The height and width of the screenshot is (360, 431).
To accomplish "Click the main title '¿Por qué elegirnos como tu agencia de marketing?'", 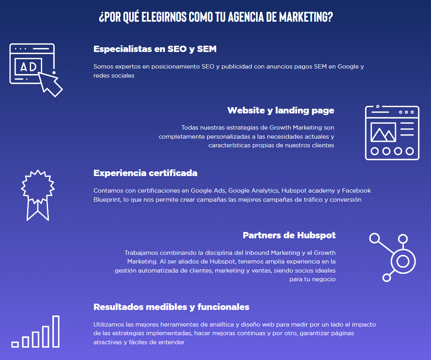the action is (x=216, y=17).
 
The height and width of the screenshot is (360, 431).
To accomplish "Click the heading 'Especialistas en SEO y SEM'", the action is (x=155, y=49).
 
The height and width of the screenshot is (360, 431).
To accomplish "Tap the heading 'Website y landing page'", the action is (x=281, y=111).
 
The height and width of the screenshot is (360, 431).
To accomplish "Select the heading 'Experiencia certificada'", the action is (x=145, y=173).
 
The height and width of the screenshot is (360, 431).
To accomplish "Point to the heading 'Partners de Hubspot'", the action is (x=289, y=236).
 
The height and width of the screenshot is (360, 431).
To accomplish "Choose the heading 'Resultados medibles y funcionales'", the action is (x=171, y=307).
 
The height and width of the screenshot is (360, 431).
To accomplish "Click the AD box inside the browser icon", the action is (x=28, y=67).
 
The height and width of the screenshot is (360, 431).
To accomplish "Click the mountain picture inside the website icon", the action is (x=383, y=132).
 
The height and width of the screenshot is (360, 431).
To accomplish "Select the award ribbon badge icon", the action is (x=38, y=195).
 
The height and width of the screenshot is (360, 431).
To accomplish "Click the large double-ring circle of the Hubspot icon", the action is (x=403, y=261).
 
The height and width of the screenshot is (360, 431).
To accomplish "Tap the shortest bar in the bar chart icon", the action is (x=15, y=344).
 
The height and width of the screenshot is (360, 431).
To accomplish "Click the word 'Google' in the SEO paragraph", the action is (x=348, y=67).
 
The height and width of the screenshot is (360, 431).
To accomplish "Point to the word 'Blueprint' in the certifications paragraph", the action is (x=107, y=200).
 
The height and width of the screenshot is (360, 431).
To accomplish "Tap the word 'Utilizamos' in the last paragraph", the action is (x=109, y=325).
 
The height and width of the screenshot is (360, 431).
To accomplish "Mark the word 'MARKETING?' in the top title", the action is (x=306, y=17).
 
